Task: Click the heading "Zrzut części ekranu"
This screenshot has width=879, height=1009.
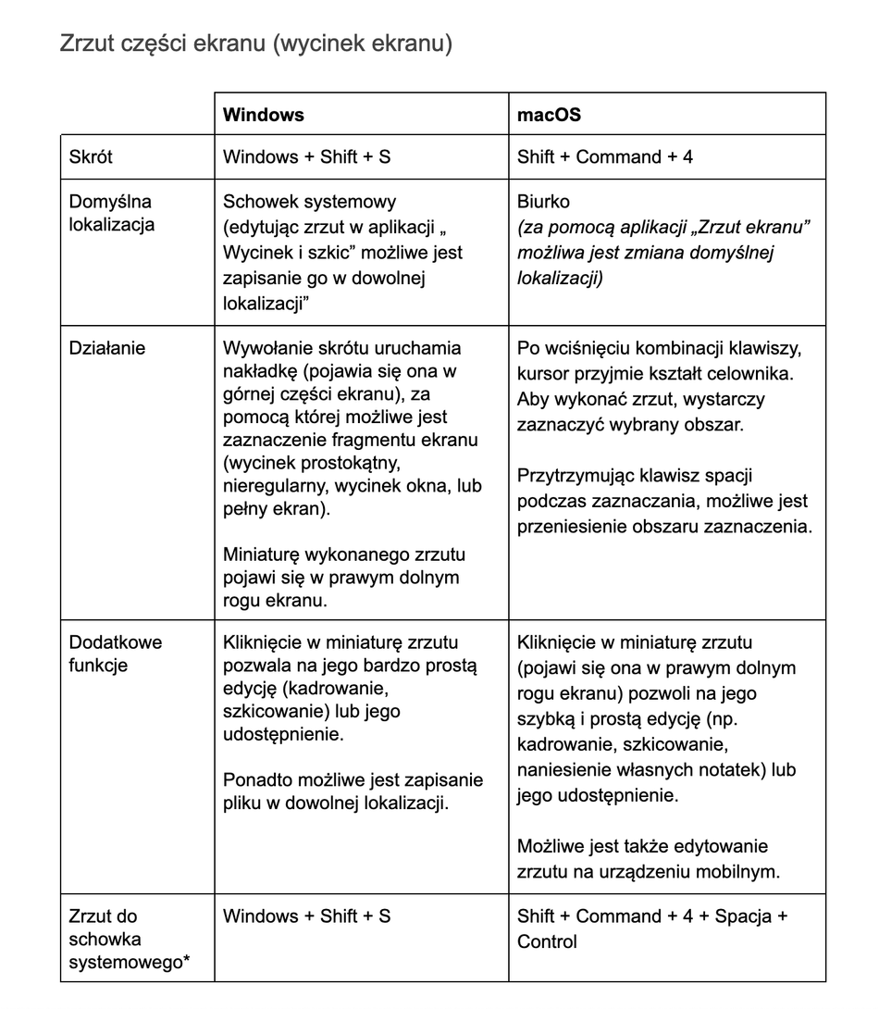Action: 255,44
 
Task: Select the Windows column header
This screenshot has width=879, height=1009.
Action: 264,115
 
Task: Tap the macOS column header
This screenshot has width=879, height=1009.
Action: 549,115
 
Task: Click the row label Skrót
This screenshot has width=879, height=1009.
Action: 91,156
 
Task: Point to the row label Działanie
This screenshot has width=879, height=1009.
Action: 107,348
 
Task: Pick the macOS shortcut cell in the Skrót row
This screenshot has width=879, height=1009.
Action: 605,156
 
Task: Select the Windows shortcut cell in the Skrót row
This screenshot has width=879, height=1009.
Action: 307,156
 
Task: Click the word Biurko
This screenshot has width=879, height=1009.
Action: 544,202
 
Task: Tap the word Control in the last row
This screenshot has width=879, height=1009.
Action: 547,941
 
